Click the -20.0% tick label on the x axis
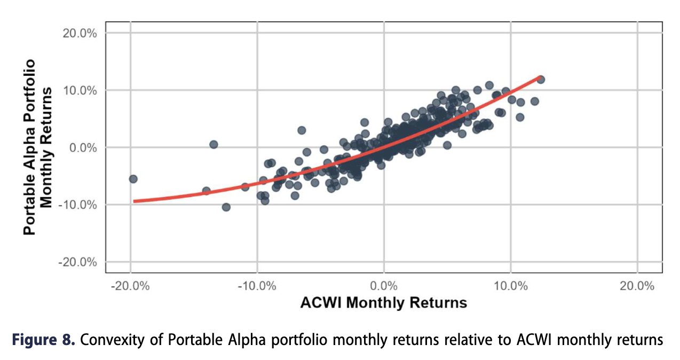click(x=130, y=285)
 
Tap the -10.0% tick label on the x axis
click(x=257, y=285)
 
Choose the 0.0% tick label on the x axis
click(x=384, y=285)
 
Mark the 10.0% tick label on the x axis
click(x=511, y=285)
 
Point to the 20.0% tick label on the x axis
click(x=638, y=285)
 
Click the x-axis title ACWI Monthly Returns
click(x=384, y=303)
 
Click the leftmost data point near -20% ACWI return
click(x=133, y=179)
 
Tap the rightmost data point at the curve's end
click(x=540, y=80)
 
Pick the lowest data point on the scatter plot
click(x=226, y=207)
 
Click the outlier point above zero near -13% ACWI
click(x=214, y=144)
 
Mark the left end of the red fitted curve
click(x=134, y=201)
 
